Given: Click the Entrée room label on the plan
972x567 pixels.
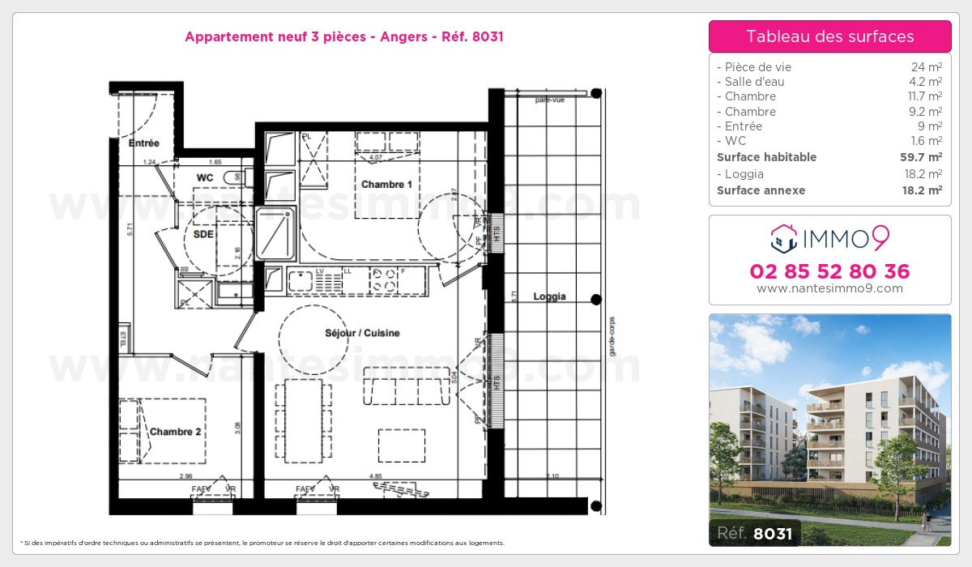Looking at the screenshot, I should tap(143, 143).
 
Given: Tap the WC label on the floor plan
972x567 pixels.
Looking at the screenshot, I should tap(205, 177).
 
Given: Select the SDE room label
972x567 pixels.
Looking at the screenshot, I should tap(203, 233).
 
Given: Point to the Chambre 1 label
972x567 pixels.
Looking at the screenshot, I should tap(386, 185).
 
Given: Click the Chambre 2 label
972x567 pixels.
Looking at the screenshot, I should tap(176, 432).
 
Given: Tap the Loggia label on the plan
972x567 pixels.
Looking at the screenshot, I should tap(549, 296).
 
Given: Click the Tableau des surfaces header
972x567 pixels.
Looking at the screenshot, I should tap(829, 36).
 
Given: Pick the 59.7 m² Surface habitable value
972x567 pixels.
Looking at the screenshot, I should tap(923, 157).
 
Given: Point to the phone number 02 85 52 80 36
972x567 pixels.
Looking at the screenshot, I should tap(829, 271).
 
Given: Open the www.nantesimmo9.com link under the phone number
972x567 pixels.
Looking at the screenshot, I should tap(829, 288).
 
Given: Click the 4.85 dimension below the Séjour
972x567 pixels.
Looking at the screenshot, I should tap(375, 476).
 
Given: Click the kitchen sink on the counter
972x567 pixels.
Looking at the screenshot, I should tap(301, 280).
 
